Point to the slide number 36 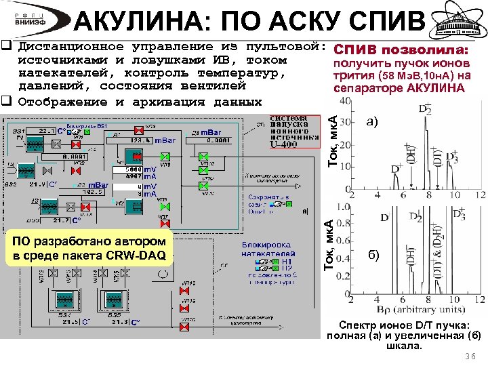click(471, 357)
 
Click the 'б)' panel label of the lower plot click(373, 255)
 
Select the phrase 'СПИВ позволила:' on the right click(401, 51)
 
